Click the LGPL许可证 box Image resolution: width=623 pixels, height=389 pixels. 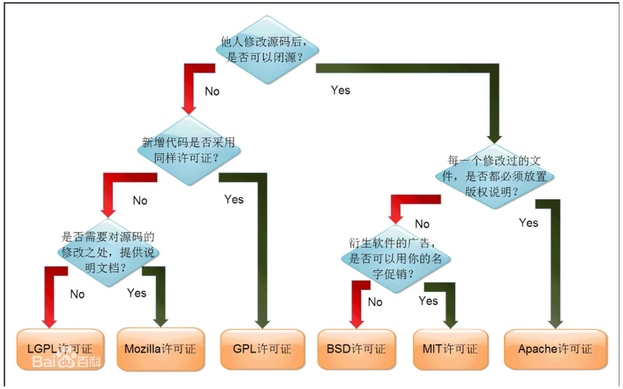pyautogui.click(x=60, y=349)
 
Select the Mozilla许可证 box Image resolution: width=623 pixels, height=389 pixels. pyautogui.click(x=160, y=349)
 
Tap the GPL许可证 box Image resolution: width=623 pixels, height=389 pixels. pyautogui.click(x=262, y=349)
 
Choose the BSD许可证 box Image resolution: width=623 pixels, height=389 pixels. pyautogui.click(x=356, y=349)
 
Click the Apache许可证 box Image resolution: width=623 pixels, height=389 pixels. pyautogui.click(x=555, y=349)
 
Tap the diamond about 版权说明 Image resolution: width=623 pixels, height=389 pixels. pyautogui.click(x=494, y=176)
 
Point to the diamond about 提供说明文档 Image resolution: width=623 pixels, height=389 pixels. pyautogui.click(x=108, y=253)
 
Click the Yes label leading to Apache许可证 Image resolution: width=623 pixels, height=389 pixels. pyautogui.click(x=529, y=223)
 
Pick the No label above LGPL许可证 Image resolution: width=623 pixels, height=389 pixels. pyautogui.click(x=77, y=294)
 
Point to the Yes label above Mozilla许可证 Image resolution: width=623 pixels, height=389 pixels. pyautogui.click(x=137, y=293)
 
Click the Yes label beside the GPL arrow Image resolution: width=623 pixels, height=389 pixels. pyautogui.click(x=234, y=199)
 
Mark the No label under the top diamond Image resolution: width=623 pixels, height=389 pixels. pyautogui.click(x=212, y=92)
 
